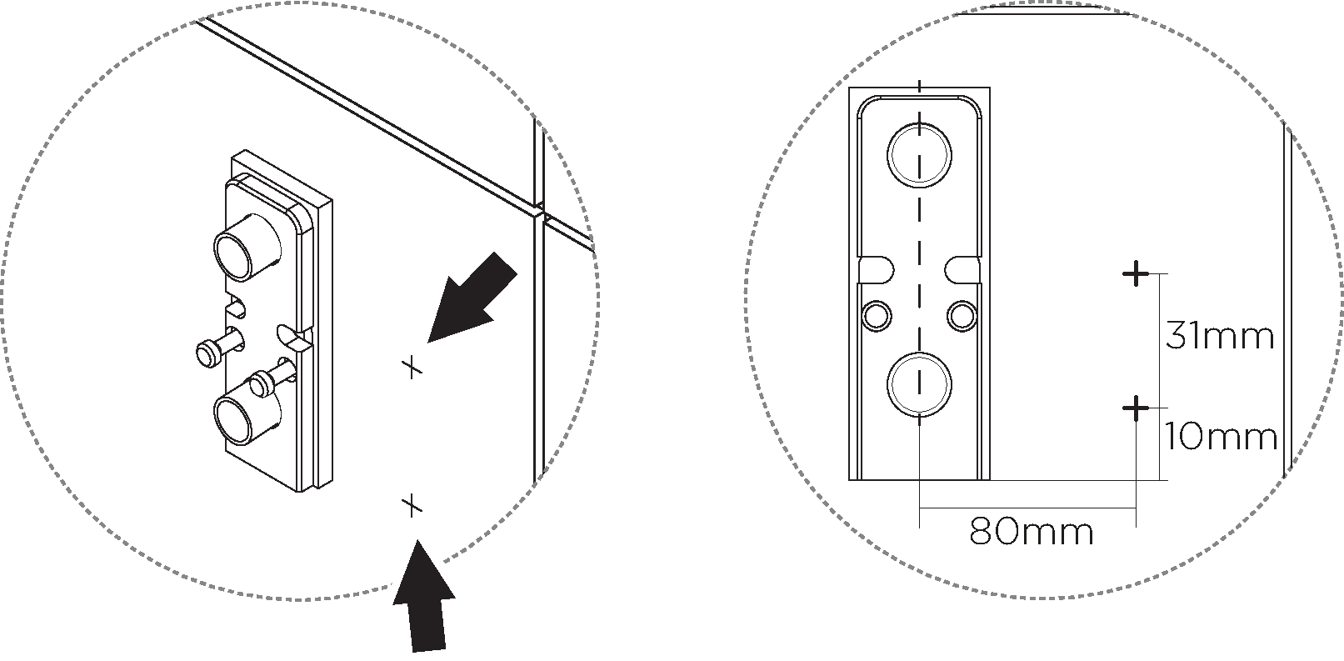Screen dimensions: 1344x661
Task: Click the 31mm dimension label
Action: pos(1219,336)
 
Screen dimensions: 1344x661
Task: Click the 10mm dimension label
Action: pos(1221,437)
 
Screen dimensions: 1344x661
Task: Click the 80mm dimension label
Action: pos(1032,531)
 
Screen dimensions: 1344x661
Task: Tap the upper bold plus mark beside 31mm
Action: pos(1135,273)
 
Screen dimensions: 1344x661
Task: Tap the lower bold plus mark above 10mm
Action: pos(1135,408)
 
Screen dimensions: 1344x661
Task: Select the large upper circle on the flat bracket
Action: pos(919,155)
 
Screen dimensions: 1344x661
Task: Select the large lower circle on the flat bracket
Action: pos(919,384)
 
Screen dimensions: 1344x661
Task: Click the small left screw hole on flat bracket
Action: pos(877,315)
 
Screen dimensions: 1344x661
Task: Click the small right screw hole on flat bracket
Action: pos(962,315)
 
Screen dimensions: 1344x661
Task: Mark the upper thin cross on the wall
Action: pos(412,366)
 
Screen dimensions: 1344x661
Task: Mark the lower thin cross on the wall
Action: pos(412,504)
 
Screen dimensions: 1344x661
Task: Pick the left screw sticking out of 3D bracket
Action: pos(220,349)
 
